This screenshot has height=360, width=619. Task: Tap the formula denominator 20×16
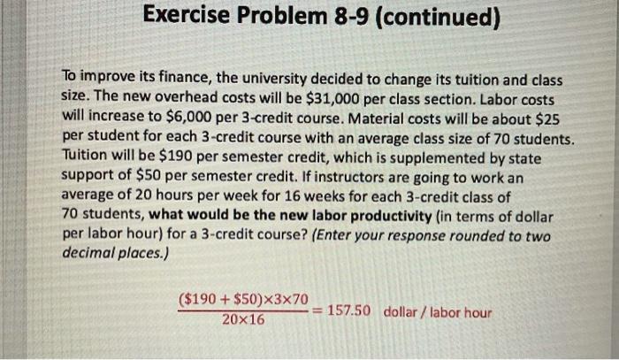243,319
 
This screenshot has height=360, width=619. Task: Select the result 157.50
352,311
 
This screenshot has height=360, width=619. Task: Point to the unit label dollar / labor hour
438,312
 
